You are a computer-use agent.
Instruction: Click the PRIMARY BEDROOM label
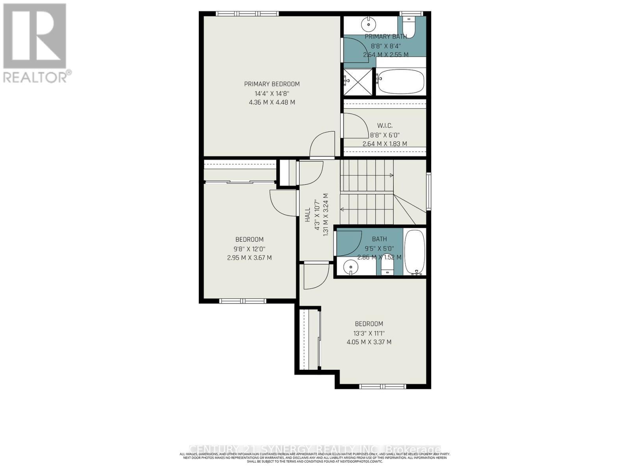[x=272, y=84]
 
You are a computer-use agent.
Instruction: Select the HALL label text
[x=308, y=215]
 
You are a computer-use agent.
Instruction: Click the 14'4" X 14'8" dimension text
[x=272, y=93]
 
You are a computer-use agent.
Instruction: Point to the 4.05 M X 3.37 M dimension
[x=369, y=342]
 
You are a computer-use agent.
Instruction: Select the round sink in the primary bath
[x=369, y=24]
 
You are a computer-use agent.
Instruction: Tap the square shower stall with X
[x=358, y=82]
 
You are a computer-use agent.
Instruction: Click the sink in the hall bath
[x=350, y=268]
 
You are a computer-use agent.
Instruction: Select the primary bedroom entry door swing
[x=322, y=145]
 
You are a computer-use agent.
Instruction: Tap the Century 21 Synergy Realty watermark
[x=315, y=449]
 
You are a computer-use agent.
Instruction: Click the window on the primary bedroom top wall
[x=247, y=14]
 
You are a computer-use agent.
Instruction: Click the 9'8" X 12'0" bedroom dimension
[x=249, y=249]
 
